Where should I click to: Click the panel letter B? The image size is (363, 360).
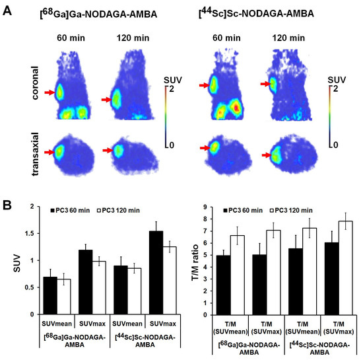[10, 204]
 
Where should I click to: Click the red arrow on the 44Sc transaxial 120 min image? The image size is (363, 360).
[267, 155]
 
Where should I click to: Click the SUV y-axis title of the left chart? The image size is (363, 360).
[13, 262]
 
